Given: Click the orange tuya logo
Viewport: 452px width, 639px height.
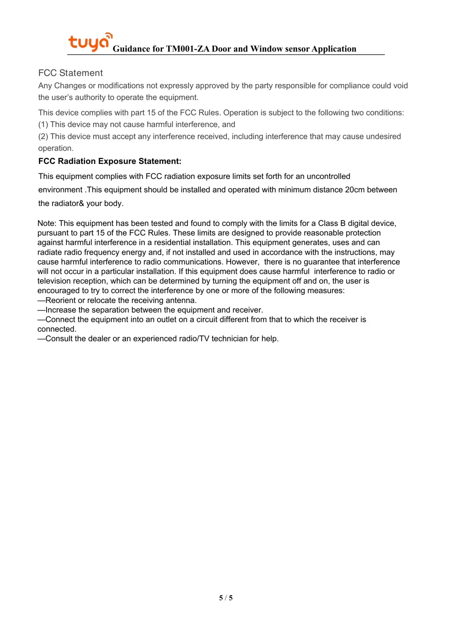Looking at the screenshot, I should click(89, 42).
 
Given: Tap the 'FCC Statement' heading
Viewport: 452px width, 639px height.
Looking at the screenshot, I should click(70, 73).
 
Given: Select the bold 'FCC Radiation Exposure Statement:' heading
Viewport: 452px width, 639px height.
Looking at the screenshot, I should click(110, 161).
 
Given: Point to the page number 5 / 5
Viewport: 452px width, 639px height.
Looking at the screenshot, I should click(226, 598).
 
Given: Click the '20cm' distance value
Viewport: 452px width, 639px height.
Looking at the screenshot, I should click(355, 190).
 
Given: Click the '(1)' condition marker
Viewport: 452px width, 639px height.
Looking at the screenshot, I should click(43, 125).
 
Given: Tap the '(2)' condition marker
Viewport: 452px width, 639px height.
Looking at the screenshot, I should click(43, 136).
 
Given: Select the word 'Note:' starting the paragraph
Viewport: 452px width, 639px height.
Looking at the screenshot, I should click(47, 223).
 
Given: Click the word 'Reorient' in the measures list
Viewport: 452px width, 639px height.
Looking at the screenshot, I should click(61, 300).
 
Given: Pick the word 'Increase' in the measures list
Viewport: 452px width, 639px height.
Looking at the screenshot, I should click(61, 310).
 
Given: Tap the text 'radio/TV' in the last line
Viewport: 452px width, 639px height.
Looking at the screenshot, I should click(194, 339).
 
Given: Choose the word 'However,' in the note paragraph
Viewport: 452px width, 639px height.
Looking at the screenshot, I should click(242, 262).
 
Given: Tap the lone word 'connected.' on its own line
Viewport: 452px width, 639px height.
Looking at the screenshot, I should click(57, 329).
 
